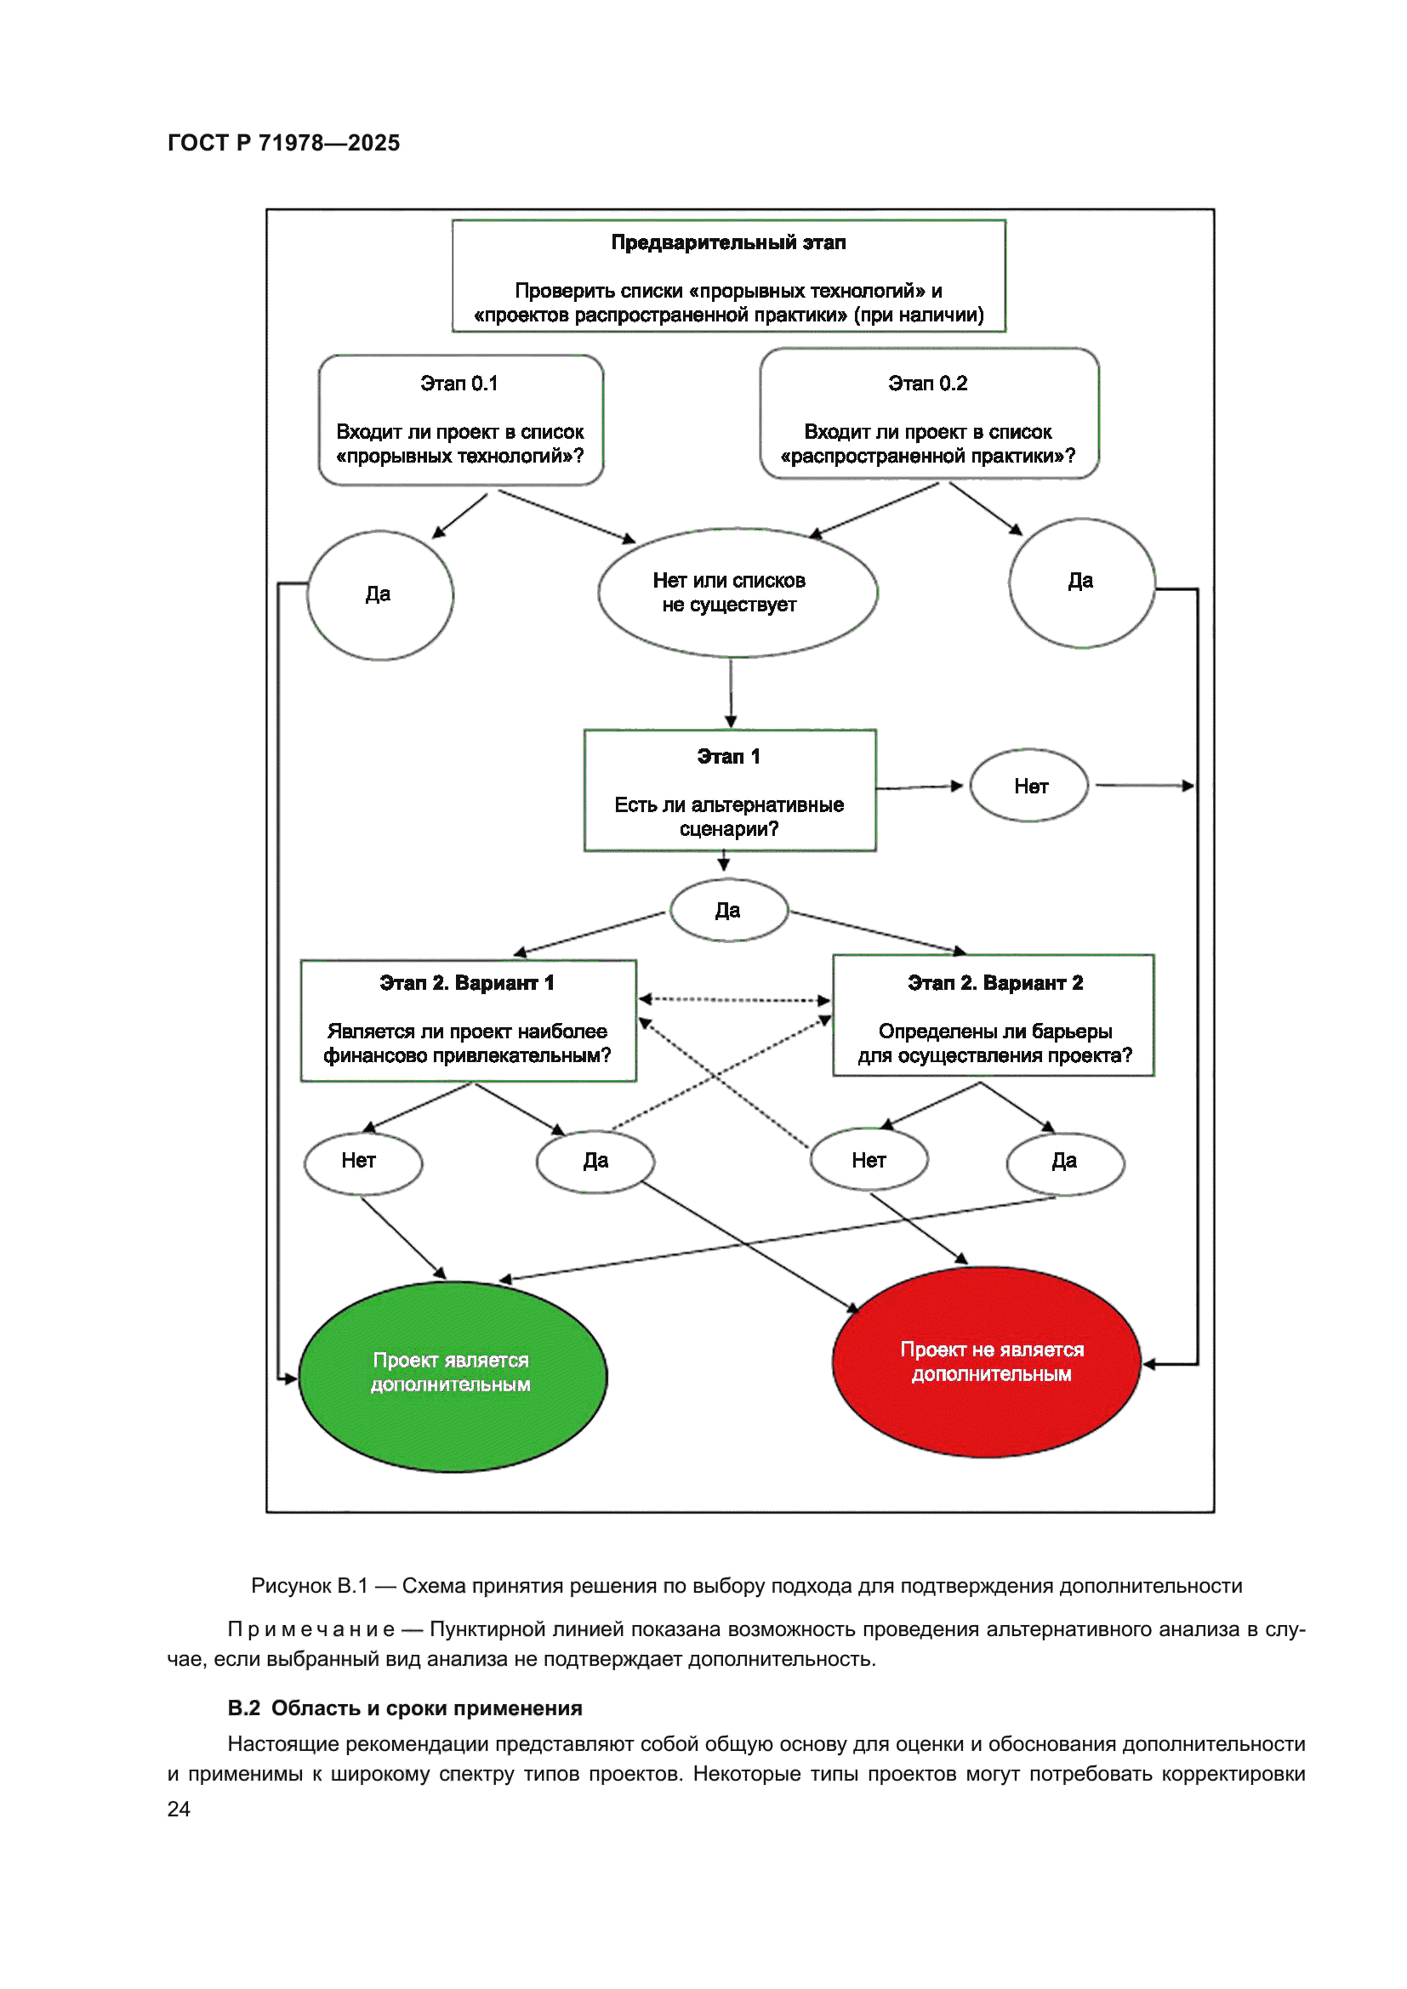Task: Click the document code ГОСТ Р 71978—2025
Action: click(x=283, y=143)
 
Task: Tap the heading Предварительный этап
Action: click(x=728, y=242)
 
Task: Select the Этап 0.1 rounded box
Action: click(x=460, y=420)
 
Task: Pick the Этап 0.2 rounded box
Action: click(x=929, y=414)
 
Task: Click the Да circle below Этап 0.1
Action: click(x=379, y=595)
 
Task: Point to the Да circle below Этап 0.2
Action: click(x=1081, y=582)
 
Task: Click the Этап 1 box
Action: click(x=730, y=790)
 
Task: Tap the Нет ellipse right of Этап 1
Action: click(x=1029, y=786)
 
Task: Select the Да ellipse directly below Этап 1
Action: click(x=729, y=911)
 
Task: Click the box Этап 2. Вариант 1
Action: click(x=468, y=1020)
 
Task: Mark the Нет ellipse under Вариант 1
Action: click(x=362, y=1162)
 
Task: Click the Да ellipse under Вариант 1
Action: click(x=595, y=1162)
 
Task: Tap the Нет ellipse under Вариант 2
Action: click(x=869, y=1160)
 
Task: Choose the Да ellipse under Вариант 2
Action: click(x=1065, y=1162)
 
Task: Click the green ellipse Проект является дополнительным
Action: click(x=453, y=1375)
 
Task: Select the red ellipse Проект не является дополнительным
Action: click(x=986, y=1362)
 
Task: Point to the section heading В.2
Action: click(x=405, y=1708)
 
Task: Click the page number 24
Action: click(x=179, y=1808)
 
